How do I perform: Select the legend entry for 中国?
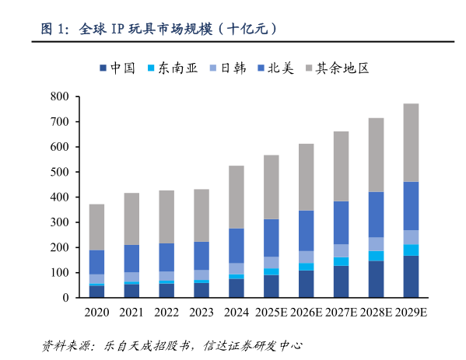117,68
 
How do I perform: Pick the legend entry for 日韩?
227,68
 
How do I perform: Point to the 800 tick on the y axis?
60,96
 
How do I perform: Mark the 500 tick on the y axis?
60,172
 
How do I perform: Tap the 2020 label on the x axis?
96,312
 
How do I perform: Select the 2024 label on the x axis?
236,312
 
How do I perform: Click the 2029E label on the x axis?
410,312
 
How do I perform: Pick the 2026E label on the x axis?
306,312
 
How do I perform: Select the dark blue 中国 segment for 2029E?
410,277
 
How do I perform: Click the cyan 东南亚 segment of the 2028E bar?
375,256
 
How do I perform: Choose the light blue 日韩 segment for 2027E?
341,250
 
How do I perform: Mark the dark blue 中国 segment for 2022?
166,290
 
